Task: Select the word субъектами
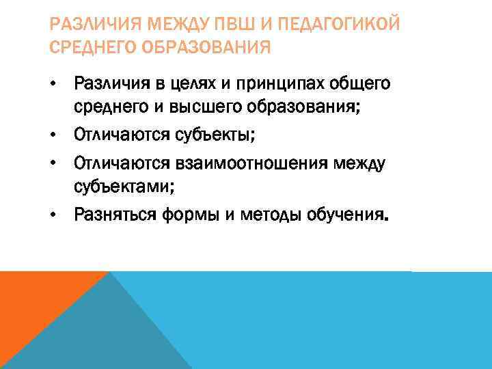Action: pyautogui.click(x=124, y=187)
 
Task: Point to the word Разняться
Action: pyautogui.click(x=115, y=216)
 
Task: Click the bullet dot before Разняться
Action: pyautogui.click(x=53, y=216)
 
